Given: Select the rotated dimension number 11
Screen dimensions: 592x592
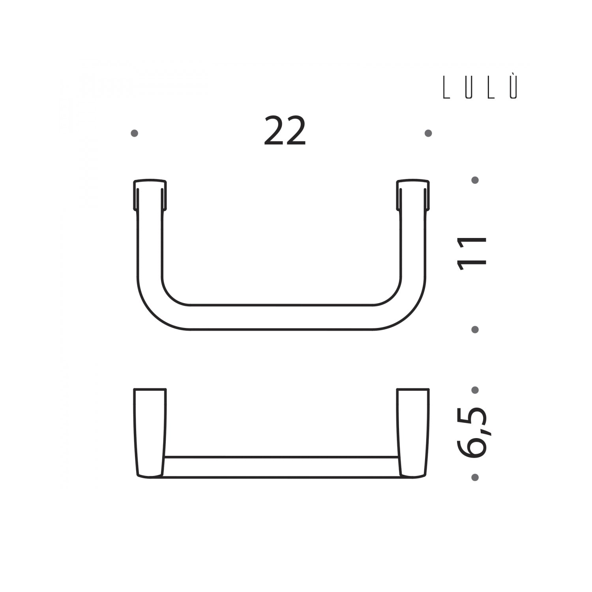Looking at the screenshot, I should (472, 253).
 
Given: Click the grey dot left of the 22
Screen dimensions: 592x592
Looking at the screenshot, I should (134, 133).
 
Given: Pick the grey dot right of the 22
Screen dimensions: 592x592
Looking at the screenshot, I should (428, 133).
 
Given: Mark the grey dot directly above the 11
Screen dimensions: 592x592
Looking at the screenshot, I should (475, 180).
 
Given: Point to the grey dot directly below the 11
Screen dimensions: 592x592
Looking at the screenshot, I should (475, 329).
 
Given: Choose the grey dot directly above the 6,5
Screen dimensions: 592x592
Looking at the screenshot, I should (475, 390).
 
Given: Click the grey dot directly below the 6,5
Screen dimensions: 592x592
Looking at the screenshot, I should (475, 477).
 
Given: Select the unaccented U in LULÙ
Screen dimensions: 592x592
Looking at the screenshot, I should (468, 88).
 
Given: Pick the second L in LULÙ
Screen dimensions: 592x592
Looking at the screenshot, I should (491, 88).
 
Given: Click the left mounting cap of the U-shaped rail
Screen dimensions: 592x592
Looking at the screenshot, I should (150, 195).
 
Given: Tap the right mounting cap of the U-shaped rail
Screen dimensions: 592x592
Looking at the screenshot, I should (413, 195).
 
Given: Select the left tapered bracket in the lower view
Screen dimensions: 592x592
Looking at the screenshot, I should (150, 433).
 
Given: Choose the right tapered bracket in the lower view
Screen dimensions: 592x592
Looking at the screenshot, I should (413, 433).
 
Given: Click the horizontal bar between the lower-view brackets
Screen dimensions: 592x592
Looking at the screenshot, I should (281, 467).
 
